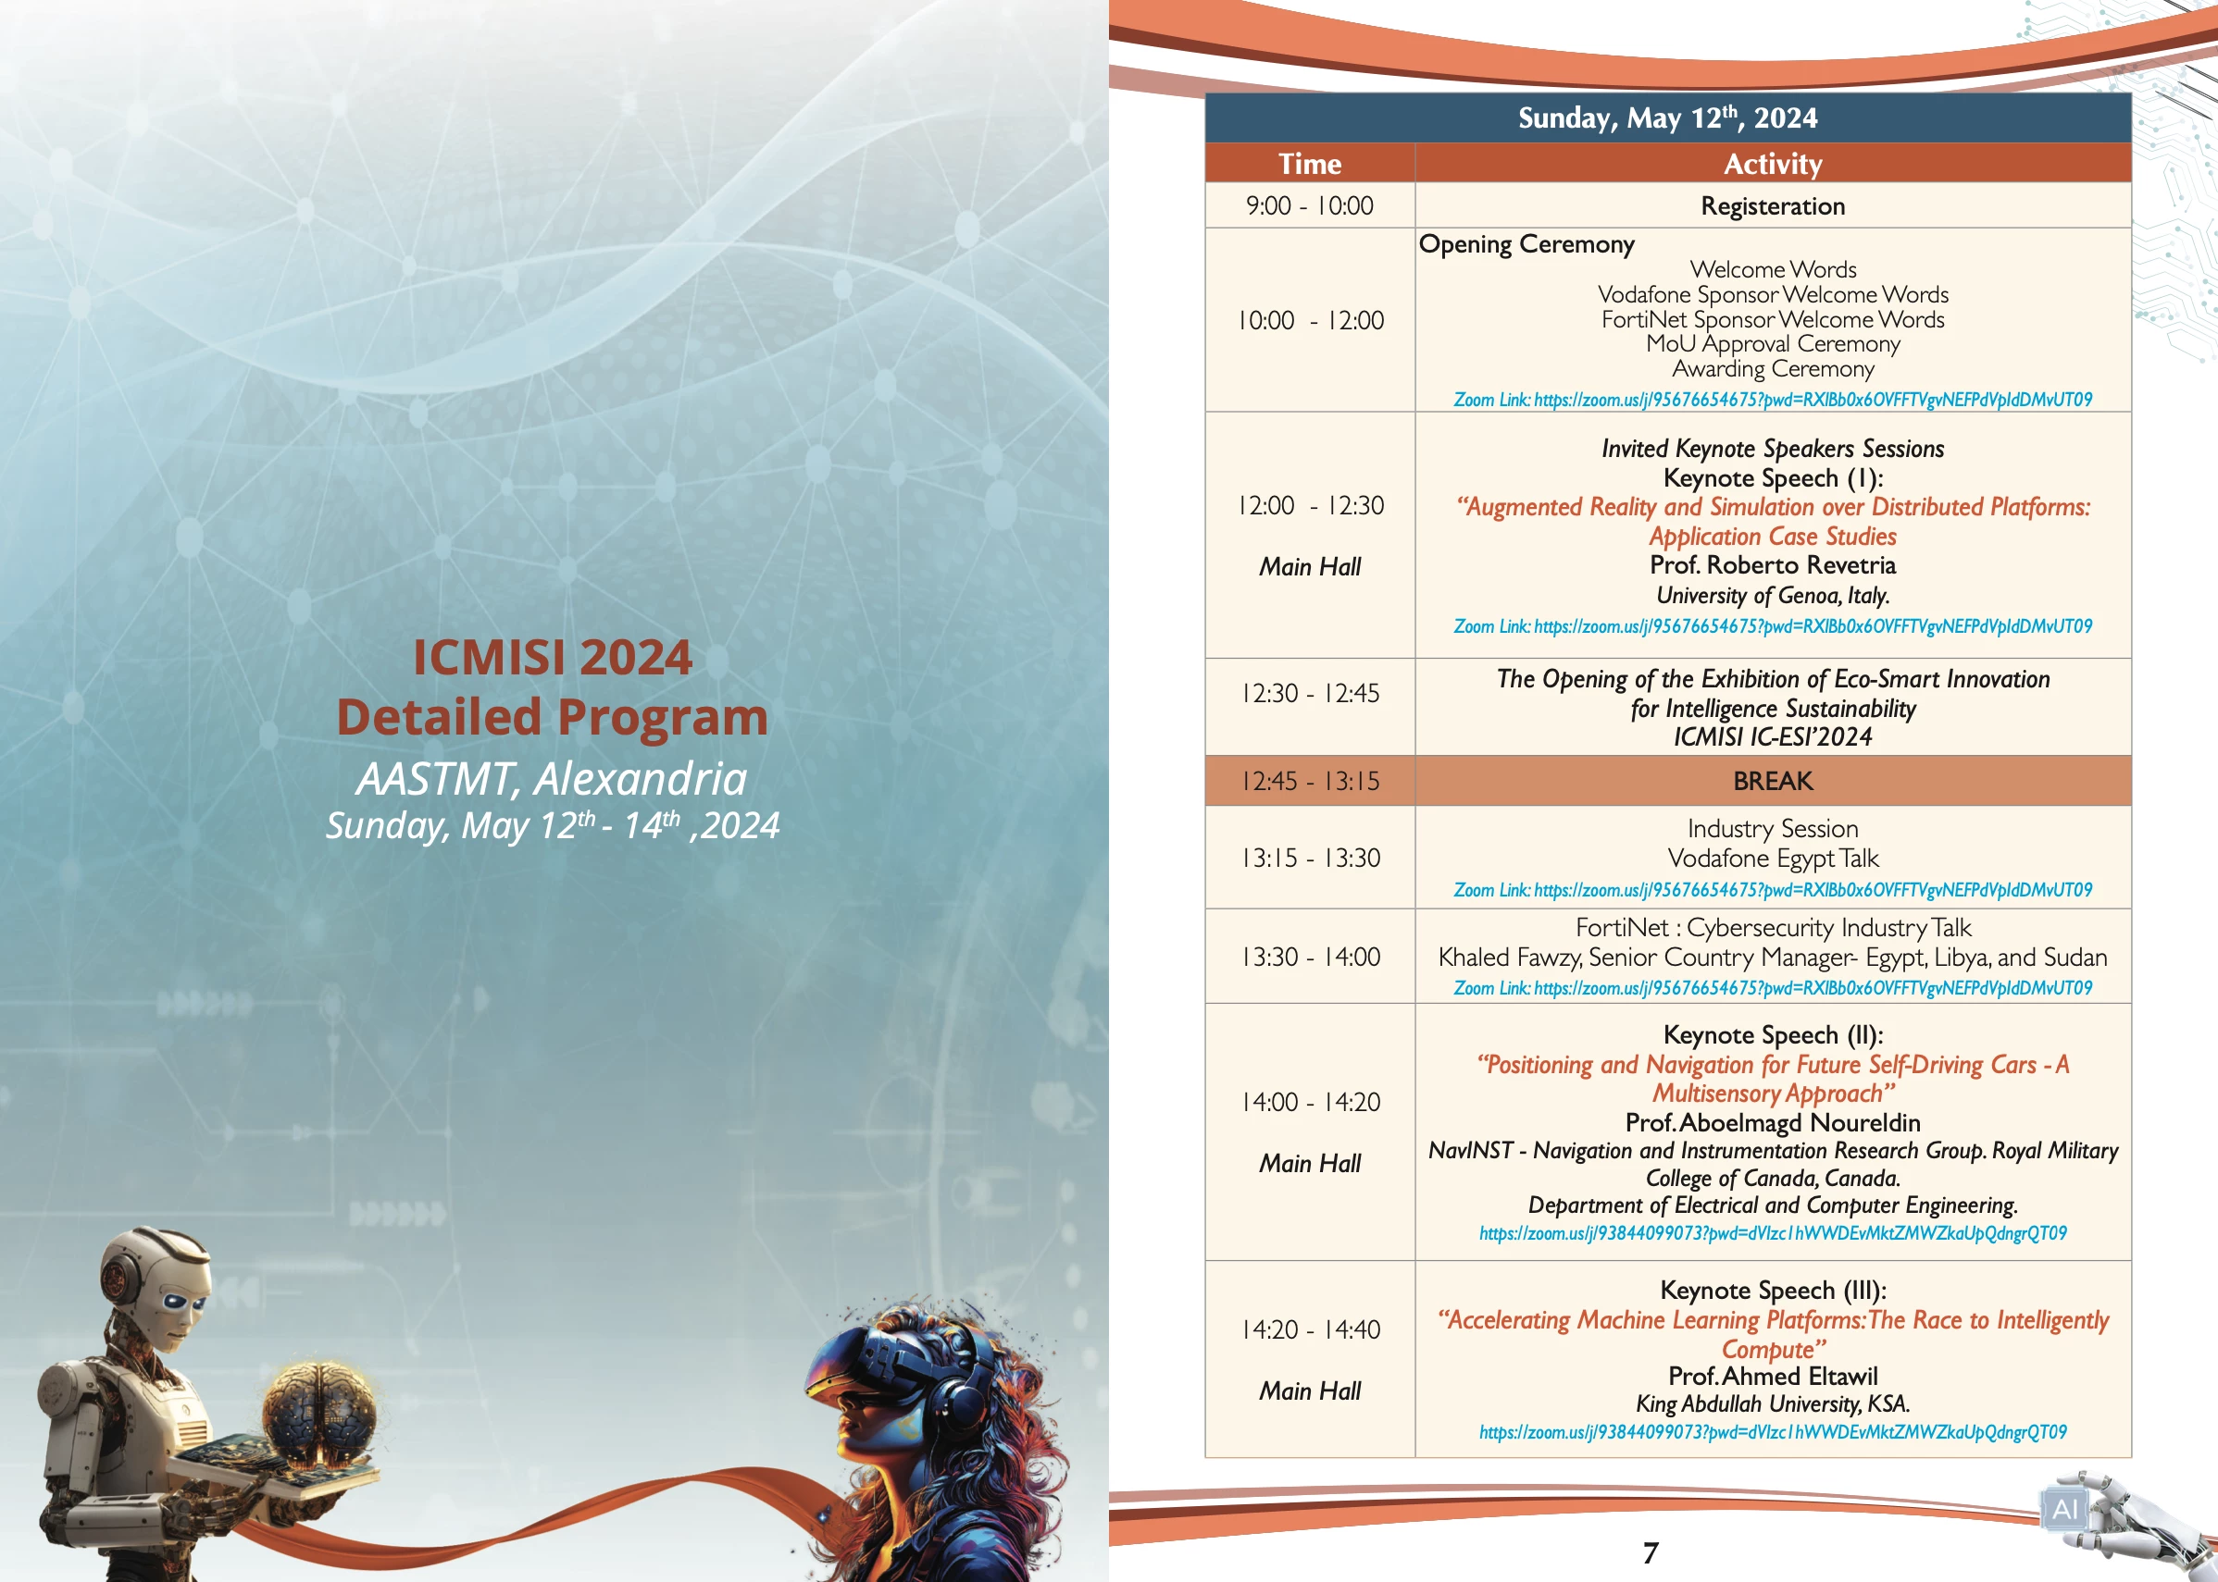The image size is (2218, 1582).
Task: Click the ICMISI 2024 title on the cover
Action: click(x=553, y=657)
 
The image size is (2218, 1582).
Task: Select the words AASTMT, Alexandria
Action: click(x=552, y=778)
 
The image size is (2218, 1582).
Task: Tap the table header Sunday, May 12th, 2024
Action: click(x=1667, y=117)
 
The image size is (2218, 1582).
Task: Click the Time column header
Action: click(x=1310, y=164)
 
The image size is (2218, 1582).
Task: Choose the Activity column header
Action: click(x=1773, y=164)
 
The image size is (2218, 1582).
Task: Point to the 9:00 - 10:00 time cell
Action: click(x=1310, y=205)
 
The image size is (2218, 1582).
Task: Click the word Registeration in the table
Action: click(x=1773, y=205)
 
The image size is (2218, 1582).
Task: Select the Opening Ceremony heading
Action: click(x=1526, y=243)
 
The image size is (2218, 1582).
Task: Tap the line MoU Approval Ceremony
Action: click(x=1773, y=344)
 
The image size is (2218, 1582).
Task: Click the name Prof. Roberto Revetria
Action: click(x=1773, y=565)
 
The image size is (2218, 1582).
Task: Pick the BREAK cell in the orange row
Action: click(x=1773, y=781)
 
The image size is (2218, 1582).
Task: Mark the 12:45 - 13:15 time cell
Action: click(x=1310, y=781)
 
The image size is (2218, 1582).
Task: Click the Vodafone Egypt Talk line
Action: click(x=1773, y=859)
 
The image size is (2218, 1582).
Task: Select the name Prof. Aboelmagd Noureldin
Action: click(x=1773, y=1122)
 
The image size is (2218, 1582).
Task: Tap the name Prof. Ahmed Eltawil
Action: click(x=1773, y=1376)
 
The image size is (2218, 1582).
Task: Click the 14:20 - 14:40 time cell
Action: click(x=1310, y=1329)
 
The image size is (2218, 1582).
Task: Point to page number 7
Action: click(x=1650, y=1552)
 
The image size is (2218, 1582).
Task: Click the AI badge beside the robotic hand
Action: click(x=2064, y=1509)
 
